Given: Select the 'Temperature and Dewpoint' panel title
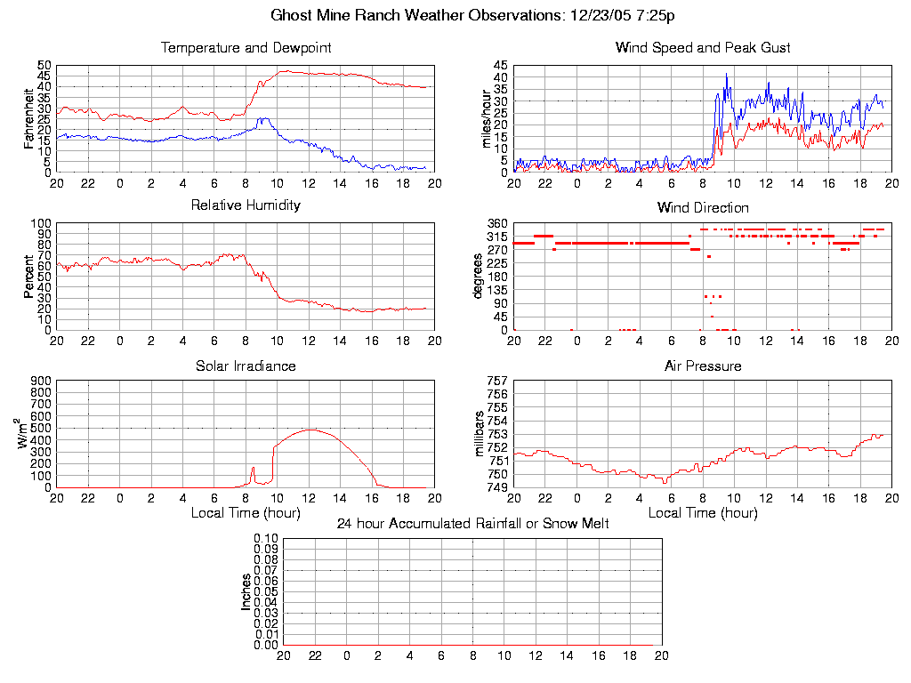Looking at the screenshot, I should tap(246, 47).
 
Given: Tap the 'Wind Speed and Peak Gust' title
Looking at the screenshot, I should tap(703, 47).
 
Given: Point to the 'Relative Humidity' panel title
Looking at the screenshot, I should tap(246, 205).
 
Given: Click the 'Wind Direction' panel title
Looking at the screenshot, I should tap(703, 207).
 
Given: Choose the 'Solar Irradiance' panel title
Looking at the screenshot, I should tap(246, 366).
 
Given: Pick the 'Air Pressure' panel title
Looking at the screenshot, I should tap(703, 366).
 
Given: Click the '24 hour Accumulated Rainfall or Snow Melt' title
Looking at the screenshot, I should tap(472, 524).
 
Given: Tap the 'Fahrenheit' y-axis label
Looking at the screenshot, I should tap(29, 118).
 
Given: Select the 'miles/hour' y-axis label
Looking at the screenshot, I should tap(487, 118).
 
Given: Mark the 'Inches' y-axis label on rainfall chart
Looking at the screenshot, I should tap(246, 591).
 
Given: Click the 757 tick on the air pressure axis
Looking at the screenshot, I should tap(497, 381).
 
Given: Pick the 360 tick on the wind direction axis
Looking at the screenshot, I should tap(497, 223).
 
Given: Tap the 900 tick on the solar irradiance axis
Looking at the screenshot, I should tap(40, 381).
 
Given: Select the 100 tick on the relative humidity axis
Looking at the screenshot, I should tap(40, 223).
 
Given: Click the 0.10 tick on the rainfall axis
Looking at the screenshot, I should tap(266, 539).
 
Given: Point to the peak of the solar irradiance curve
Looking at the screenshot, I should tap(310, 430).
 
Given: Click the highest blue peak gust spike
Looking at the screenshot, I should tap(727, 74).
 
